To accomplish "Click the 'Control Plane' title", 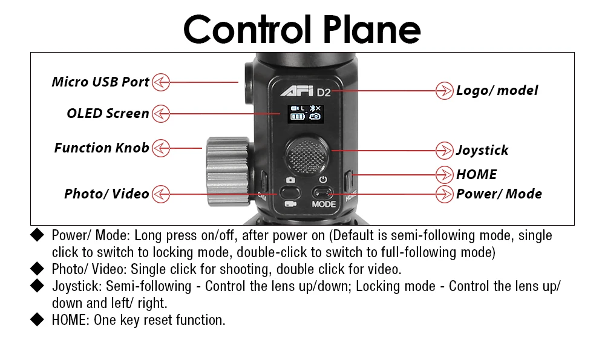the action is (x=302, y=28).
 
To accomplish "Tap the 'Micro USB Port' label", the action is (x=100, y=82).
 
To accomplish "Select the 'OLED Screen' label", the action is (x=108, y=113).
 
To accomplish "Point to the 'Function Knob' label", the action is (x=102, y=148).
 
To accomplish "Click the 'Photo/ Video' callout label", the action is (x=106, y=194).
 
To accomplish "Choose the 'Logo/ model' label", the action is (x=497, y=91).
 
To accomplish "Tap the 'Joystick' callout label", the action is (x=482, y=150).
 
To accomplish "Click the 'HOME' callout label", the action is (x=476, y=174).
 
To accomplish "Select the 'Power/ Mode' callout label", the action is (x=499, y=194).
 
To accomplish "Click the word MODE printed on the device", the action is (x=324, y=205).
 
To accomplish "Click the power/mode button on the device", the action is (x=323, y=193).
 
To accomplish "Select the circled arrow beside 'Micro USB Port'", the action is (x=161, y=82).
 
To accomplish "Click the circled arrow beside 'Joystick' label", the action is (x=445, y=150).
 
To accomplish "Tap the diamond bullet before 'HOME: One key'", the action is (x=38, y=321).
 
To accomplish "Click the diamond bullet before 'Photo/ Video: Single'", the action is (x=38, y=268).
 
